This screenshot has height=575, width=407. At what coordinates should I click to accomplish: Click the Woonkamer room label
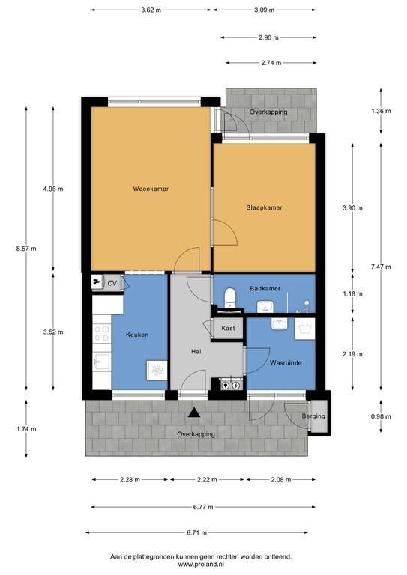click(x=151, y=189)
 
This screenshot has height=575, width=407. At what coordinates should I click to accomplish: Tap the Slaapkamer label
click(x=265, y=207)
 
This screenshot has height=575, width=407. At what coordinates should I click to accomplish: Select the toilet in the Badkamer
click(x=230, y=298)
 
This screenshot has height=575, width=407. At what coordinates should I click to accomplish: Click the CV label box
click(x=112, y=283)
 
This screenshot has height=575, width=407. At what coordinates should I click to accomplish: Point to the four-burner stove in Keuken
click(x=102, y=333)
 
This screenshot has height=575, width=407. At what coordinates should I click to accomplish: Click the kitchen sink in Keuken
click(x=102, y=362)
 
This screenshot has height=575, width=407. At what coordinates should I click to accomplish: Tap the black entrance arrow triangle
click(x=194, y=413)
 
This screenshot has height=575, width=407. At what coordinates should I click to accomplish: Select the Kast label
click(x=228, y=328)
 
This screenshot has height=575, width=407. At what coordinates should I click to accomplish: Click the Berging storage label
click(x=313, y=416)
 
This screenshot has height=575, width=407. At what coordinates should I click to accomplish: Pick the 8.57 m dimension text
click(x=26, y=249)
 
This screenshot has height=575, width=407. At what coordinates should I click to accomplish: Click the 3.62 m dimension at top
click(x=151, y=10)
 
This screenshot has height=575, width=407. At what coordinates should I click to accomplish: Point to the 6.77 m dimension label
click(x=203, y=507)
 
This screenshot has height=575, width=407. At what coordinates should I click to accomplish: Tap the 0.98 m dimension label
click(x=381, y=416)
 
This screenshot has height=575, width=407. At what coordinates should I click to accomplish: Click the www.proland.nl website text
click(x=201, y=564)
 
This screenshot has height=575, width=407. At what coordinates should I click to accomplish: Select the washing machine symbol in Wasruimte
click(x=304, y=329)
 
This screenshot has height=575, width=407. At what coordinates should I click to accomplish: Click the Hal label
click(x=196, y=352)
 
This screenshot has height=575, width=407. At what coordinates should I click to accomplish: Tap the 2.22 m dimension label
click(x=207, y=480)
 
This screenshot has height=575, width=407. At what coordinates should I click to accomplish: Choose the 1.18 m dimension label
click(x=353, y=293)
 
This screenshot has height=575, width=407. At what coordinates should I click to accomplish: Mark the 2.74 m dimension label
click(x=271, y=63)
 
